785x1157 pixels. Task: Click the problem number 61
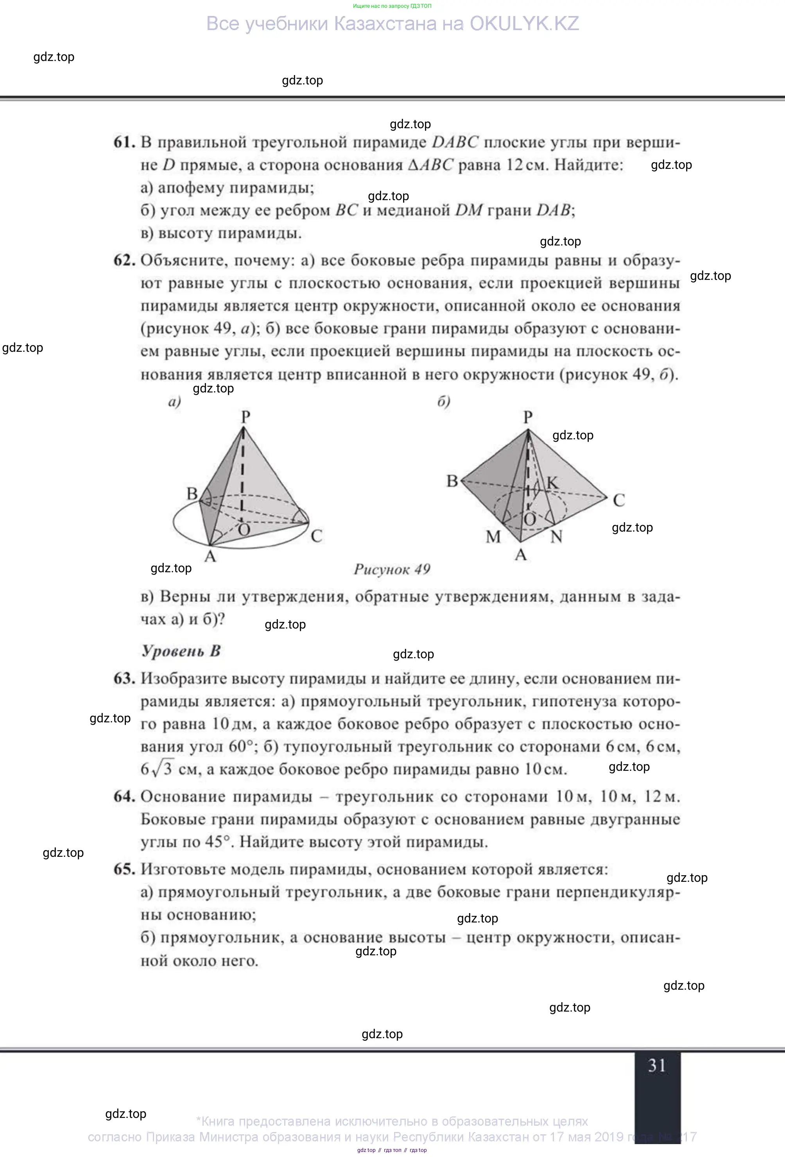click(x=124, y=142)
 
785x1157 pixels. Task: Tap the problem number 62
click(x=124, y=260)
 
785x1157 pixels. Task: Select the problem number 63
click(x=124, y=679)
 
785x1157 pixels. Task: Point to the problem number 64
click(x=124, y=797)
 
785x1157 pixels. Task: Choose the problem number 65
click(x=124, y=869)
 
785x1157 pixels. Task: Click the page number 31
click(x=656, y=1066)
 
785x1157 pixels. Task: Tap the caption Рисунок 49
click(x=392, y=569)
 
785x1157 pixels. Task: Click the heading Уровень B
click(x=181, y=651)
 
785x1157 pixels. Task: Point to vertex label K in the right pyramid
click(x=552, y=482)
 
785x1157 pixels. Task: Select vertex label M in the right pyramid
click(x=493, y=537)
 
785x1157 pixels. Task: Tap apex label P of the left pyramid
click(x=246, y=417)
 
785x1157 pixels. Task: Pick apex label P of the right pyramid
click(x=528, y=417)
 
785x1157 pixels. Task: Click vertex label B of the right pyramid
click(x=452, y=481)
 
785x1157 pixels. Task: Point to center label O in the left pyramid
click(x=244, y=530)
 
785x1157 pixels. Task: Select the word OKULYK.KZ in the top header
click(x=524, y=24)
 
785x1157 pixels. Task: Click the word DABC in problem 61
click(x=455, y=142)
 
